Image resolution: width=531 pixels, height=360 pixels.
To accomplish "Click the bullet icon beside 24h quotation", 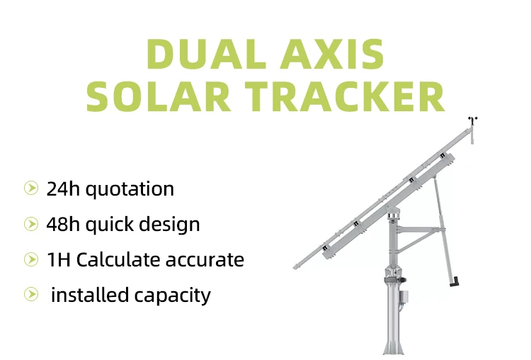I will coord(30,189).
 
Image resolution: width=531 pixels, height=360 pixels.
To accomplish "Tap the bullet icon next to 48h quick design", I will coord(30,224).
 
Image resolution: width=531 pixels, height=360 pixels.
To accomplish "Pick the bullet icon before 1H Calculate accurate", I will coord(30,259).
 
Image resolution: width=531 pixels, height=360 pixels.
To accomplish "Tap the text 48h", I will coord(61,224).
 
